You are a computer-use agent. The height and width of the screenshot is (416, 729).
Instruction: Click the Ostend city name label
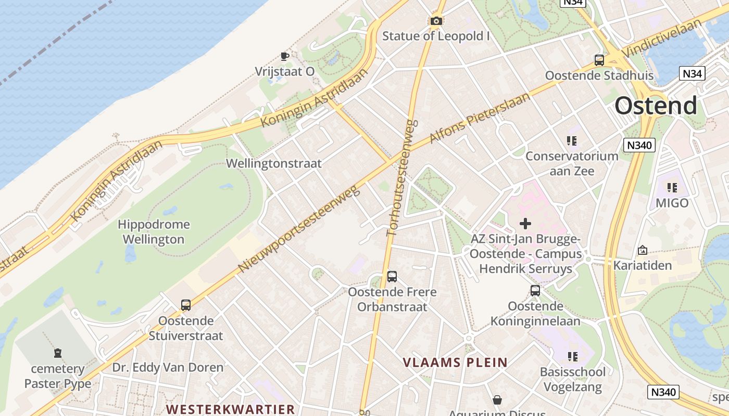point(656,106)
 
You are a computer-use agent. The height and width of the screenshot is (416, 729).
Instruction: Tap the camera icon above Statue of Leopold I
point(436,21)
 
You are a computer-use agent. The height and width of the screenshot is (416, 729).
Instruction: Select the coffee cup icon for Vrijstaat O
point(284,56)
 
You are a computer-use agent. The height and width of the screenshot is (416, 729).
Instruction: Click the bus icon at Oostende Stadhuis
point(599,60)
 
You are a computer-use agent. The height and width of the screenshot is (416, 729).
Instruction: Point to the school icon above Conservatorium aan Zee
point(572,141)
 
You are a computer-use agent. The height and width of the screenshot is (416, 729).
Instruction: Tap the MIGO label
point(672,203)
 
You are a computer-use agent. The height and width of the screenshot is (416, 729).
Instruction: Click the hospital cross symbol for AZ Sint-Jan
point(525,224)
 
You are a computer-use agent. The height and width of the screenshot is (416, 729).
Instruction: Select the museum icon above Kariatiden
point(642,250)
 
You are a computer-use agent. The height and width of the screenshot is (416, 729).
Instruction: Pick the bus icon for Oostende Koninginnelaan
point(535,291)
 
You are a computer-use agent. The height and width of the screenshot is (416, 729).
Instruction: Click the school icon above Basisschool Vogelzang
point(572,357)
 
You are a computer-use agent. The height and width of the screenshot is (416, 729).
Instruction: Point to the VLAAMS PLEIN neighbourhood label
point(455,362)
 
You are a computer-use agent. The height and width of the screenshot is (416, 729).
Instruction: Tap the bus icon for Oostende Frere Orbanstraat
point(392,277)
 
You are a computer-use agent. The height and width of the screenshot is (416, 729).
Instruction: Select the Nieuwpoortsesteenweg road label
point(299,229)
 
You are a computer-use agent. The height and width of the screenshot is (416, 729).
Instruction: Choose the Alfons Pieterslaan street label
point(480,118)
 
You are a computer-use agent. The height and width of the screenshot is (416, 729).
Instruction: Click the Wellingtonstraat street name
point(273,163)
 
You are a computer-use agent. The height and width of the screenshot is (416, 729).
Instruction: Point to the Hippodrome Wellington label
point(154,232)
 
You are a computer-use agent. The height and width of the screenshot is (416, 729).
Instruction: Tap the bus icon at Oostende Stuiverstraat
point(186,305)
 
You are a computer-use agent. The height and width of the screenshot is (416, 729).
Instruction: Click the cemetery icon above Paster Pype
point(58,354)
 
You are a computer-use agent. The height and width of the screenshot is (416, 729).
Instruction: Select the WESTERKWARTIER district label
point(231,409)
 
